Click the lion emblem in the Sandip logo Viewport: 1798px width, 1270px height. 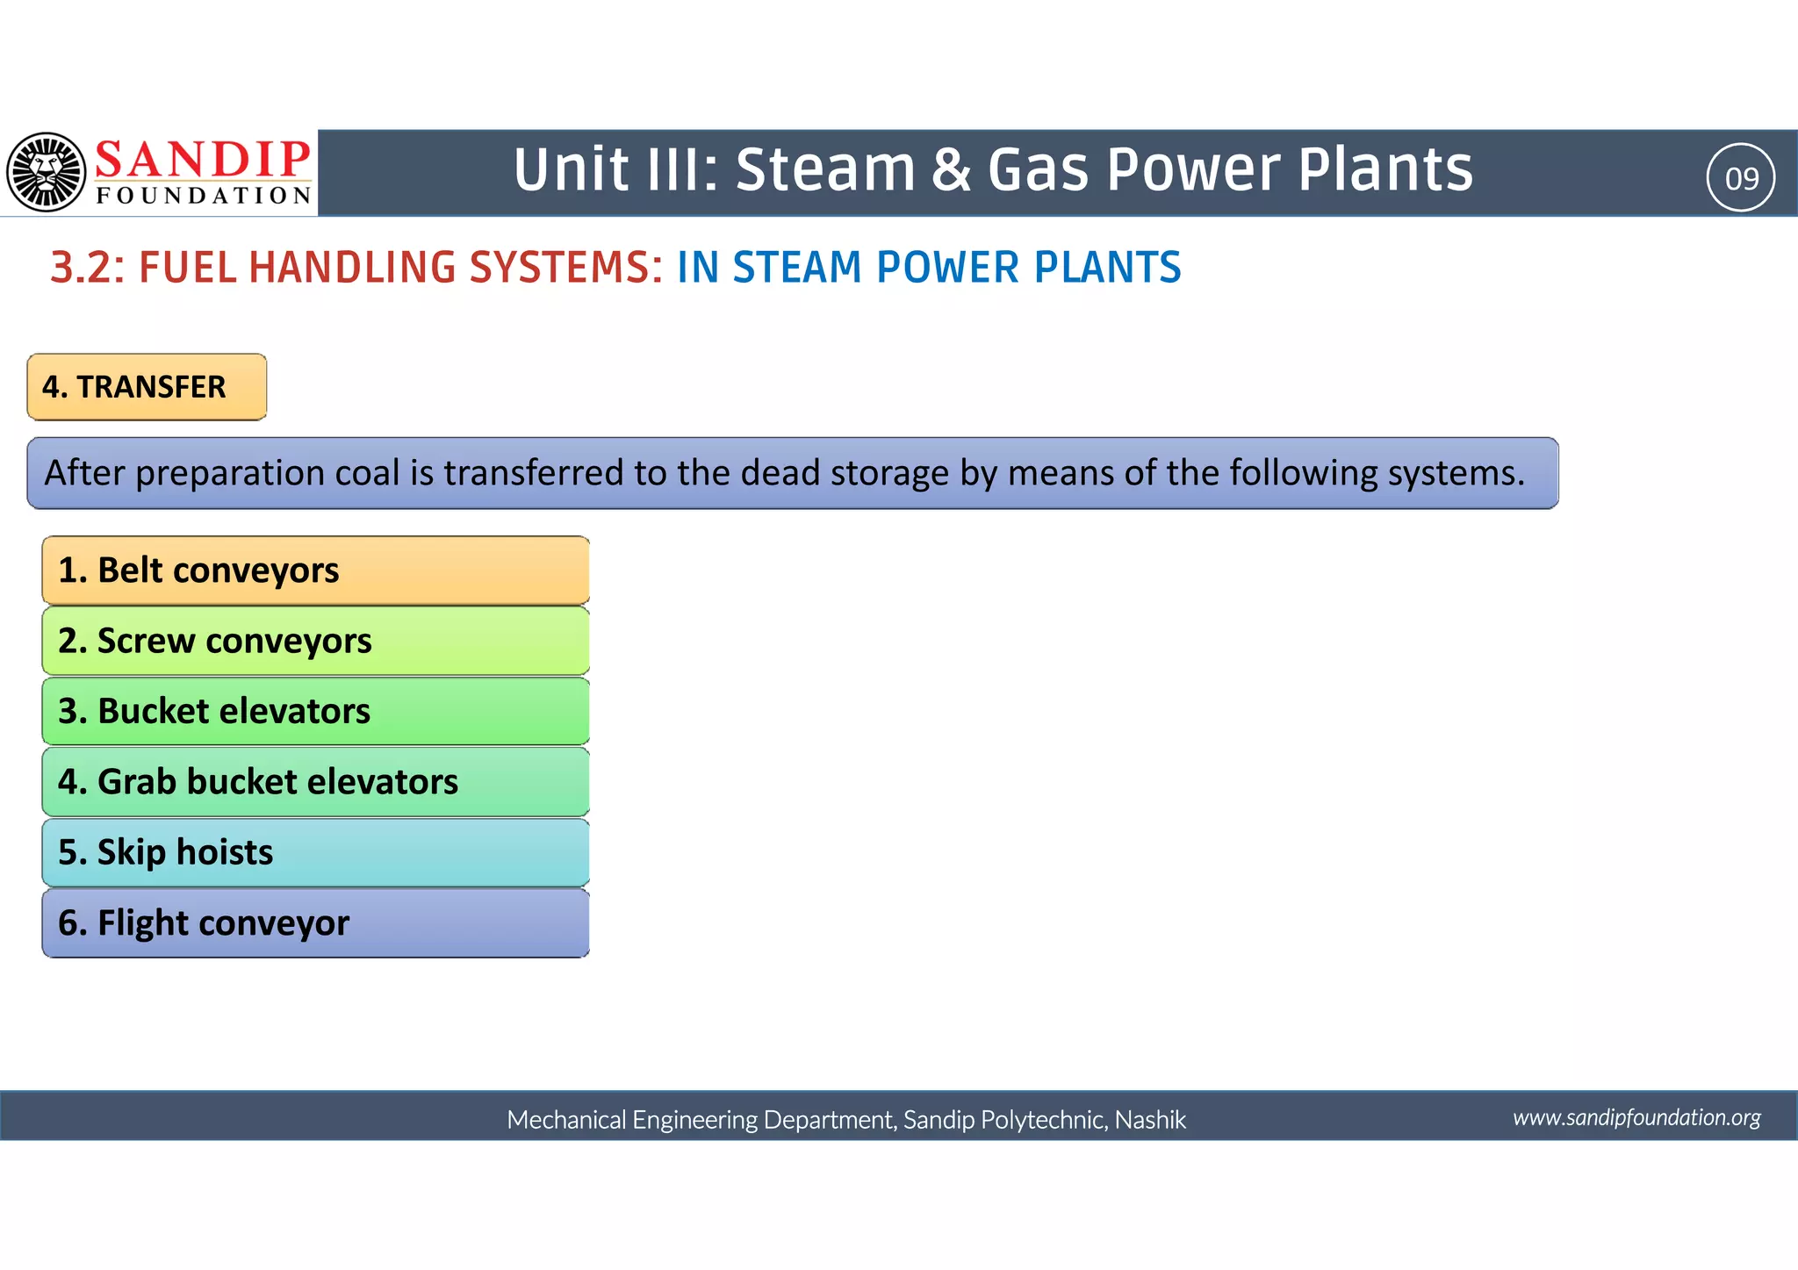click(x=47, y=172)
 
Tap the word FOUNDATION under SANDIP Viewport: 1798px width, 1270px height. click(x=204, y=196)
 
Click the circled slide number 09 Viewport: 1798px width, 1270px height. click(x=1741, y=178)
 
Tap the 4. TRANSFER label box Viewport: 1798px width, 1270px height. click(x=147, y=387)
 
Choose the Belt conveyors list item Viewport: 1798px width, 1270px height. click(x=315, y=570)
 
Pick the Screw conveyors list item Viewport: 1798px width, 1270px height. click(x=315, y=641)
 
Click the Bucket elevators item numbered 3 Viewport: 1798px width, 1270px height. click(x=315, y=711)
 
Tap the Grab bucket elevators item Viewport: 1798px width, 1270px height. click(x=315, y=782)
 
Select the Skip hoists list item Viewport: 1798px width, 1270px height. click(x=315, y=852)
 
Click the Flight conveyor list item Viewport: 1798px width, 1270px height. click(x=315, y=923)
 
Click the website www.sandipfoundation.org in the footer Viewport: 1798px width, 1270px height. click(x=1636, y=1117)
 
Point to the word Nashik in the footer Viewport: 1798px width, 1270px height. click(x=1150, y=1120)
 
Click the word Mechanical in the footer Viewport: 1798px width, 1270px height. click(x=565, y=1120)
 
